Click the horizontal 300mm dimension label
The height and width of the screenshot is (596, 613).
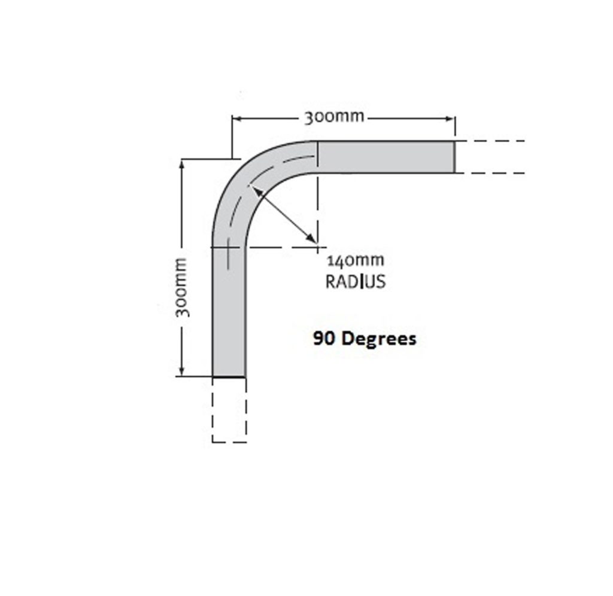click(333, 117)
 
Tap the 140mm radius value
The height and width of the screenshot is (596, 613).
click(356, 261)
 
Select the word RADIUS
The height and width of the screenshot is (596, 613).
click(356, 281)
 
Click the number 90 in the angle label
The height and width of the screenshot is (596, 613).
click(323, 339)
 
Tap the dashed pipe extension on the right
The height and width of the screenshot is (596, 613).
click(491, 157)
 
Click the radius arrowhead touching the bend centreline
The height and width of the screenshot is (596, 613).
click(256, 190)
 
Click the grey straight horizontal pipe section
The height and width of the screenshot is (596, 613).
click(386, 157)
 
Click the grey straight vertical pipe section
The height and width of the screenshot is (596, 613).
click(229, 311)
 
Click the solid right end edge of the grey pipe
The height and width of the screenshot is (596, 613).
click(454, 157)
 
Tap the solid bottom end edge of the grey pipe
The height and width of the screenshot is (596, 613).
click(229, 377)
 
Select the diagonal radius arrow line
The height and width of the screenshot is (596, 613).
click(284, 215)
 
